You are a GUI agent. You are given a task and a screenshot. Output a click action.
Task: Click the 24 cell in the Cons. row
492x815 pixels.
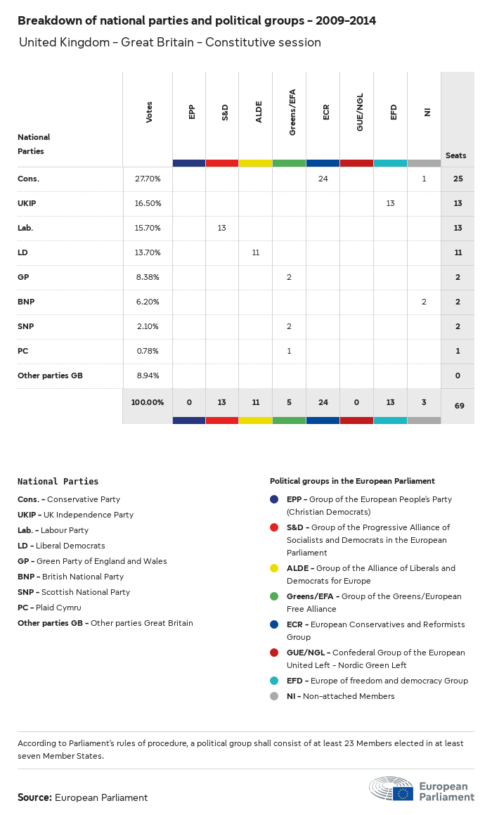point(323,179)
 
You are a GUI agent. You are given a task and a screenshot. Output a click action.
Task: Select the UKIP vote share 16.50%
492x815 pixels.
point(148,203)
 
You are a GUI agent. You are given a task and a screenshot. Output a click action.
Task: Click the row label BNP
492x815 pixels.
point(26,302)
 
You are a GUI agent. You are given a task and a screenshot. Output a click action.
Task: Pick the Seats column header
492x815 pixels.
point(455,155)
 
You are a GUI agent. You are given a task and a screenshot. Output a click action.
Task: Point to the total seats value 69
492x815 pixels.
point(458,406)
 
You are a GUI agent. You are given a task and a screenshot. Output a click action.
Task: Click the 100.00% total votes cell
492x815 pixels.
point(148,402)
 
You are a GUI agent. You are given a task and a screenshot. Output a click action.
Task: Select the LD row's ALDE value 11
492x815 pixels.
point(256,252)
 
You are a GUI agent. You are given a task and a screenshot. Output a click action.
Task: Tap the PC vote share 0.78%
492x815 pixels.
point(148,351)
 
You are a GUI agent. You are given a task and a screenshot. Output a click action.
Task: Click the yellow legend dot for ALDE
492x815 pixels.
point(274,568)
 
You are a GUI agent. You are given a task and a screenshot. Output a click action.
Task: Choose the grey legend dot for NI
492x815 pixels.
point(274,696)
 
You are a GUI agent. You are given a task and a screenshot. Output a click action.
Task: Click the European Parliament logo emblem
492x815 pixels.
point(403,793)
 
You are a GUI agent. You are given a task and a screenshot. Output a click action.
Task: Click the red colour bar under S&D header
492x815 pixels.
point(222,163)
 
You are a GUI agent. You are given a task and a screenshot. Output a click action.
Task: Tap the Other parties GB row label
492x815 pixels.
point(50,376)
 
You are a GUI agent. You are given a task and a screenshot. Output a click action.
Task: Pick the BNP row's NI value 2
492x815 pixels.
point(424,302)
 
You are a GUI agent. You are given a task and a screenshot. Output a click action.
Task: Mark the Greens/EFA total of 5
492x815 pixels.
point(289,402)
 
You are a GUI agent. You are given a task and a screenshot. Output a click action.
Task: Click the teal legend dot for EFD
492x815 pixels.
point(274,681)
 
